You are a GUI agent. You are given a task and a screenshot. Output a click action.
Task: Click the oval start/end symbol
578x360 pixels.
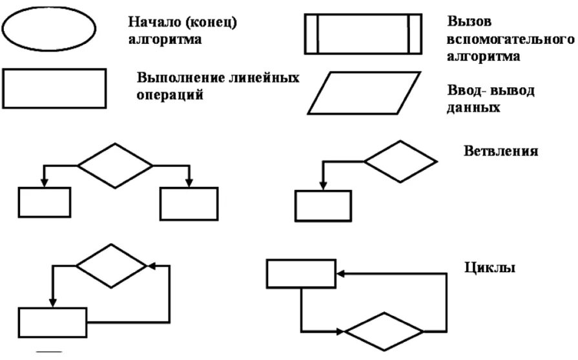click(x=49, y=28)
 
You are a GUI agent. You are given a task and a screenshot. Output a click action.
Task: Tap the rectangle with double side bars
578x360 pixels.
click(x=362, y=33)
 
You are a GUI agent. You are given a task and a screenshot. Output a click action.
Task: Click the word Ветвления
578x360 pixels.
click(x=501, y=152)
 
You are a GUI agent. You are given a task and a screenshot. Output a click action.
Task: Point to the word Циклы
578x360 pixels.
click(x=490, y=267)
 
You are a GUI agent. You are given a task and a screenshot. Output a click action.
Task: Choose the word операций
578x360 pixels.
click(x=170, y=95)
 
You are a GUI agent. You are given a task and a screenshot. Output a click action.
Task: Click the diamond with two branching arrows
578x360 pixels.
click(x=116, y=165)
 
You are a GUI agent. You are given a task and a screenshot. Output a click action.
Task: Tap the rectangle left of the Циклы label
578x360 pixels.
click(x=301, y=273)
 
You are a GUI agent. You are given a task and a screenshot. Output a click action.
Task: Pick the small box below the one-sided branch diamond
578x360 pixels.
click(x=323, y=206)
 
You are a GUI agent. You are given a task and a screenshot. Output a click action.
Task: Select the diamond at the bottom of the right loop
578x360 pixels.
click(x=384, y=332)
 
